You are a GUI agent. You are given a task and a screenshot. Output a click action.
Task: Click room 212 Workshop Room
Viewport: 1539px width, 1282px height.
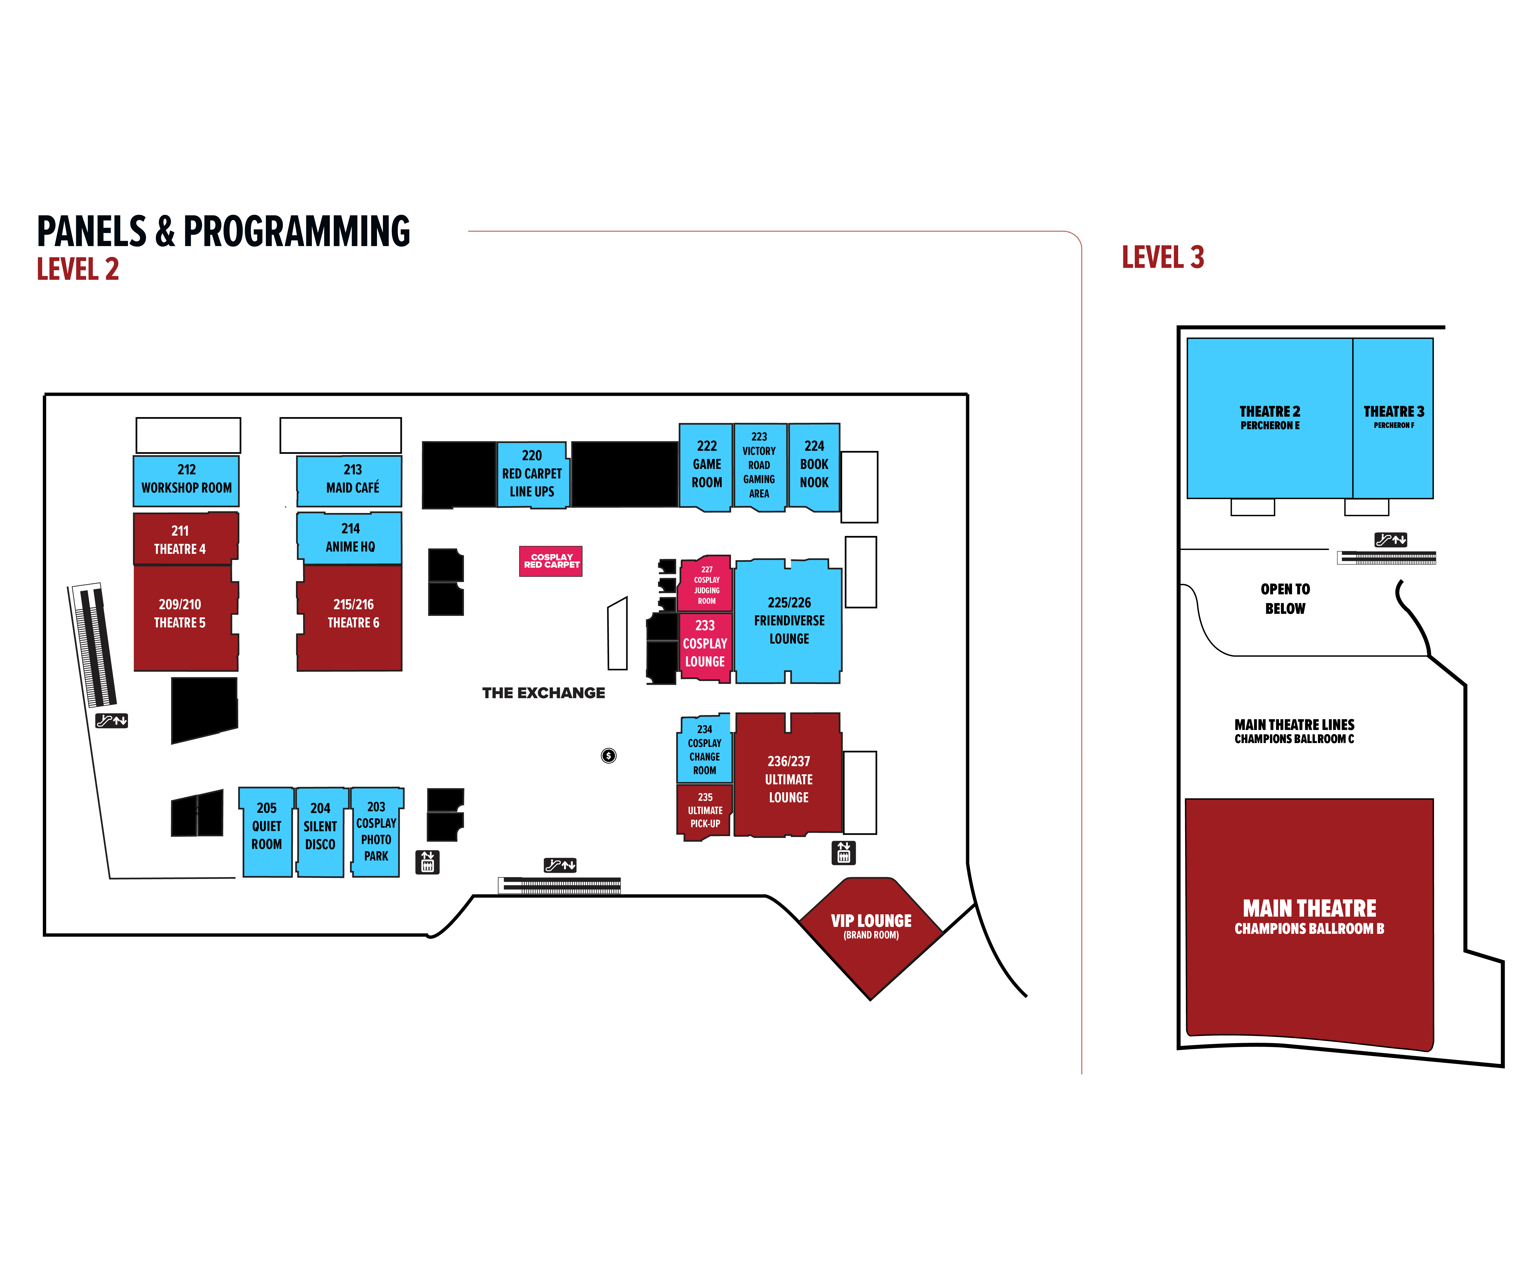[186, 480]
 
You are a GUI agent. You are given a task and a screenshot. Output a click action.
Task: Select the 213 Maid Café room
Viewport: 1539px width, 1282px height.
[350, 480]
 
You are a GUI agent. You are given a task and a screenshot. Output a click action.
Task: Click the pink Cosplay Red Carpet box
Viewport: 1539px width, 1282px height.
[551, 561]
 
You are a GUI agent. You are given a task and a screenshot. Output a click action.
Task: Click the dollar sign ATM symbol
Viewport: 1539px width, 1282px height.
[608, 755]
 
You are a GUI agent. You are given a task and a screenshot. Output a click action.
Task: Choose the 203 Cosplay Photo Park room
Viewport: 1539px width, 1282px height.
[376, 832]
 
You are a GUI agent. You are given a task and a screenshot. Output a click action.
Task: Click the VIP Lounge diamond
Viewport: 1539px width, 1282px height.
[871, 930]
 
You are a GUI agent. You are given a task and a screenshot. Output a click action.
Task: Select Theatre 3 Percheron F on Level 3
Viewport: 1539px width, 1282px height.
[1392, 418]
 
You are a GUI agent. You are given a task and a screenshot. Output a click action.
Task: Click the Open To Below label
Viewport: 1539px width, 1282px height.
[1285, 598]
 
